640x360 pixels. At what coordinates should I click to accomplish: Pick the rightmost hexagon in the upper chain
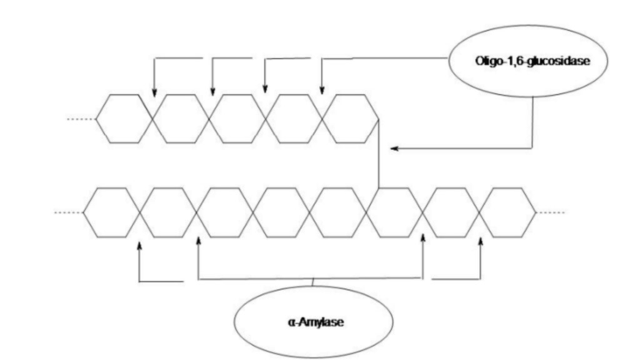[351, 119]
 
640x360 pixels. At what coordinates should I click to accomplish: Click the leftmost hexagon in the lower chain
[112, 212]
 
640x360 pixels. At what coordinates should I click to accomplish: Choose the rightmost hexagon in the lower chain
[510, 212]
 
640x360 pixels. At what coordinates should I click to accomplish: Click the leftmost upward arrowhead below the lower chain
[139, 244]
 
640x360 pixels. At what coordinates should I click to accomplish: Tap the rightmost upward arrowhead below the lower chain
[482, 244]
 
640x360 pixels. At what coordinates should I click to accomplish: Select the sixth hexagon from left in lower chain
[397, 212]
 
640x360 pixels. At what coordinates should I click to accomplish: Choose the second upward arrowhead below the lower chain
[197, 244]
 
